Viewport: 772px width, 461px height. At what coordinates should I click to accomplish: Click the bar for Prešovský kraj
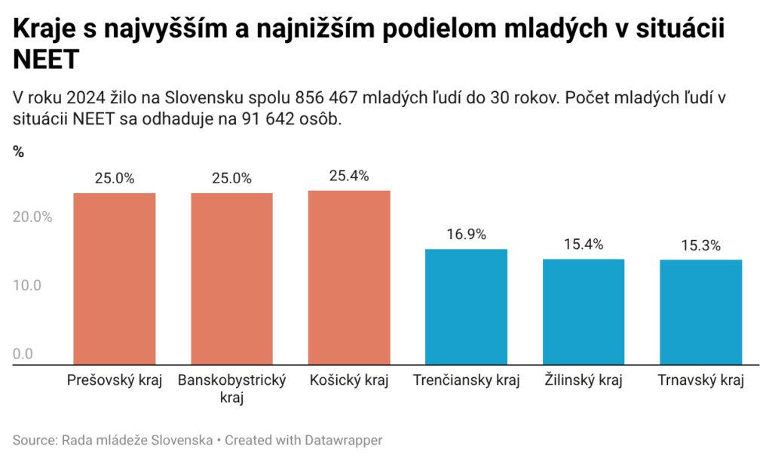click(x=115, y=278)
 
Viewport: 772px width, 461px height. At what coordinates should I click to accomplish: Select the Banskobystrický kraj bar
click(x=231, y=278)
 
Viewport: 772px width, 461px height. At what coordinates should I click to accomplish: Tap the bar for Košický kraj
click(x=349, y=277)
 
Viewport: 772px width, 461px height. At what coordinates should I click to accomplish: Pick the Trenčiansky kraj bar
click(x=466, y=306)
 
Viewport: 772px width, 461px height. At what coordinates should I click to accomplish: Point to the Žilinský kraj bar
click(x=584, y=312)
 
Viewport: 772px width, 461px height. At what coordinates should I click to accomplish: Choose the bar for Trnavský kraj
click(x=700, y=312)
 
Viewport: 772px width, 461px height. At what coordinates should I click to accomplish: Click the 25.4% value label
click(x=349, y=176)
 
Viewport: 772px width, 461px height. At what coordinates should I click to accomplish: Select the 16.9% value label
click(x=466, y=234)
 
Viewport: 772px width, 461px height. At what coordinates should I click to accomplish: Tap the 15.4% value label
click(x=584, y=244)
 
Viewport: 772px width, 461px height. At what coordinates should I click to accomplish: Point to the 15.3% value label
click(x=700, y=245)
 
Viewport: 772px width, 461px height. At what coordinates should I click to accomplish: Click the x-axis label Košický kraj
click(x=349, y=380)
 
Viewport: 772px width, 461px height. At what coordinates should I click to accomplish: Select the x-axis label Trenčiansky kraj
click(x=466, y=380)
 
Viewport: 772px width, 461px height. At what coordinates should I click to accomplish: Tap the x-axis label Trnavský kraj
click(x=700, y=380)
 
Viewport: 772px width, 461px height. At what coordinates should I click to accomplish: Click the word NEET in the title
click(x=46, y=59)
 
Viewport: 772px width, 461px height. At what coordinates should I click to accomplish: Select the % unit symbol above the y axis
click(x=18, y=152)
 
